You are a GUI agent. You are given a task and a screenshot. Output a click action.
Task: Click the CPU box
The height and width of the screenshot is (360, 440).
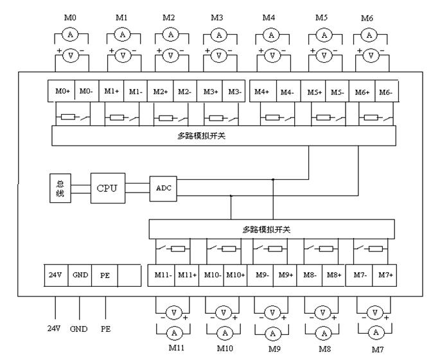[x=107, y=189]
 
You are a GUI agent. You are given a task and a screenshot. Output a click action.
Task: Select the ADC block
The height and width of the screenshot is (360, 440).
[x=162, y=188]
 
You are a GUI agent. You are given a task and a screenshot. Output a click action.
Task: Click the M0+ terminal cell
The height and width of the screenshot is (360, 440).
[x=62, y=92]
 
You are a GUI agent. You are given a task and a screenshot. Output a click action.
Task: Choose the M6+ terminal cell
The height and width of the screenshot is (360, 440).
[x=362, y=92]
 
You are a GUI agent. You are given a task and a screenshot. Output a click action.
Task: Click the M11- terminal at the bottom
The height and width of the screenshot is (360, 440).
[x=161, y=275]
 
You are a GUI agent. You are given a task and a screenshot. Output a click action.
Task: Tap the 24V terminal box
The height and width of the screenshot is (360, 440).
[x=54, y=275]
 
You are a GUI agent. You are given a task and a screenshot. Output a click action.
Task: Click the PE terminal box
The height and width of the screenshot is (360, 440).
[x=105, y=275]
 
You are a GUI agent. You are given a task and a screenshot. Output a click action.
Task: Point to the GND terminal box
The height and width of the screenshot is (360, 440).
[x=80, y=275]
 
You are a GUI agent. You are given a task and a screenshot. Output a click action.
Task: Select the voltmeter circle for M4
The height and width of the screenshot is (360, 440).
[x=272, y=55]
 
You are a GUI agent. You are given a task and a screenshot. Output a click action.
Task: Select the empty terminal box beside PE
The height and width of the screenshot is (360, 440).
[x=129, y=275]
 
